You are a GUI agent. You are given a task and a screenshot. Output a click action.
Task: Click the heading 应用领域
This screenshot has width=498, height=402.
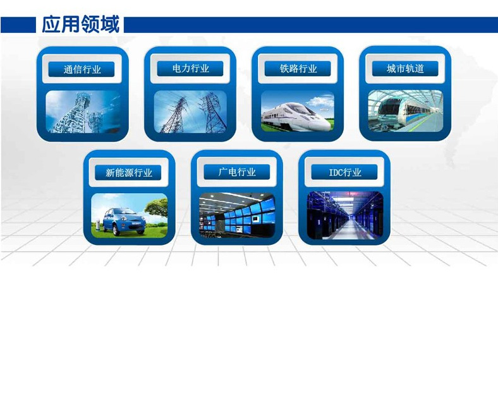pos(81,24)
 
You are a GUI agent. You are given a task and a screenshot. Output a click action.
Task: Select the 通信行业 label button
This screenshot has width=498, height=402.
pos(82,69)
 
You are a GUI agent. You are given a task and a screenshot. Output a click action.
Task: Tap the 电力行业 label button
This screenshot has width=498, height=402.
pos(190,69)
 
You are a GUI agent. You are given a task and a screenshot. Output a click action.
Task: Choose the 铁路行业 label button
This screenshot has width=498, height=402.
pos(298,69)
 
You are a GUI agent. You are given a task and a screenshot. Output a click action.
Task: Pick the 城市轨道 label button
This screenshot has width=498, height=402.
pos(405,69)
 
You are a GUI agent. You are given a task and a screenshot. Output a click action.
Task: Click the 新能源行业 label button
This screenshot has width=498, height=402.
pos(128,172)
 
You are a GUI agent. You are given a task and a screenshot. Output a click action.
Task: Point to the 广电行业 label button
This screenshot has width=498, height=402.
pos(236,172)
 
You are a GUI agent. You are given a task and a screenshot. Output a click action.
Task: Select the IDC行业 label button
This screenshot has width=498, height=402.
pos(344,172)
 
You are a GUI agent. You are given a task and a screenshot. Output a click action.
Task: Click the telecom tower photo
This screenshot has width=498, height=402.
pos(83,111)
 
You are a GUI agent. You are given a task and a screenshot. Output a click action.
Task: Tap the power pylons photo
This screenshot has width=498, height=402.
pos(190,111)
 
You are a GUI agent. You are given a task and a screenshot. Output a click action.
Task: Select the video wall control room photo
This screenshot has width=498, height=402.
pos(237,215)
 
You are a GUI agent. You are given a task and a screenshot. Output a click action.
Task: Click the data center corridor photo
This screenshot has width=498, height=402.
pos(345,215)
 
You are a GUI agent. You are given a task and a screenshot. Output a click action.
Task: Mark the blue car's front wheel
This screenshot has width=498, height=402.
pos(116,230)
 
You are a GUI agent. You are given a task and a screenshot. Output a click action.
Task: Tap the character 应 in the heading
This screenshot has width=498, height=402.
pos(51,24)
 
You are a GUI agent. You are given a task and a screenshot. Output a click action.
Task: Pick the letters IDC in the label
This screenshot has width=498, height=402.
pos(335,172)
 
